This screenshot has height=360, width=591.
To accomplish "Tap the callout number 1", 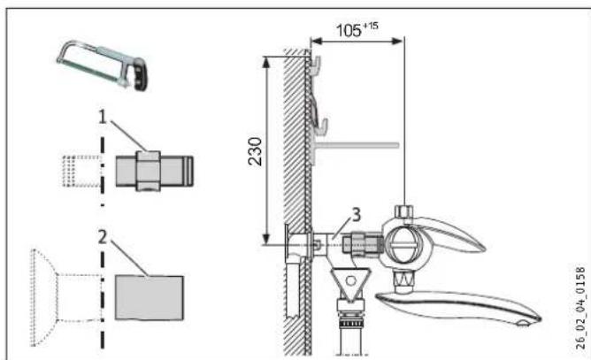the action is tap(102, 117).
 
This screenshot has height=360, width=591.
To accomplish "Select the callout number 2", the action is tap(102, 237).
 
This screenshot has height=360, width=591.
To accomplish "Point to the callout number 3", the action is tap(356, 215).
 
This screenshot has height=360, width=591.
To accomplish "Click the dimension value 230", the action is tap(255, 151).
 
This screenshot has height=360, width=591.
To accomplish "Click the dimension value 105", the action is tap(349, 31).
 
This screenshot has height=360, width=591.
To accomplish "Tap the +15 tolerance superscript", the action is tap(371, 26).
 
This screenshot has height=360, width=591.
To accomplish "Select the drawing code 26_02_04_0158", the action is tap(580, 308).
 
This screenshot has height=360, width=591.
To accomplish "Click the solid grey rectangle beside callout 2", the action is tap(150, 298).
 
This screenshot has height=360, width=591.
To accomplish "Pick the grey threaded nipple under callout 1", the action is tap(154, 171).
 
